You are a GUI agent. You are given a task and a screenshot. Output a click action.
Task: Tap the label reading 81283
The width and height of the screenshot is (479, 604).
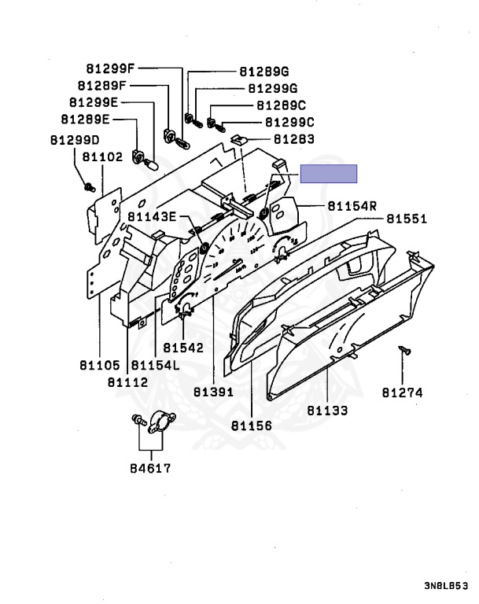[293, 139]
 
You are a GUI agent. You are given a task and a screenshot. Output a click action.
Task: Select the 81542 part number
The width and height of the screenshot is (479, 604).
[183, 347]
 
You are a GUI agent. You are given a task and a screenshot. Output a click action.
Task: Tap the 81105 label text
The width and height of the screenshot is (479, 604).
[99, 366]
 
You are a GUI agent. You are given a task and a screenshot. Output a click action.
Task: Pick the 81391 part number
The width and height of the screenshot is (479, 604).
[214, 391]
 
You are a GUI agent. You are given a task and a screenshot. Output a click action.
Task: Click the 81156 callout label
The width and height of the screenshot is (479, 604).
[251, 425]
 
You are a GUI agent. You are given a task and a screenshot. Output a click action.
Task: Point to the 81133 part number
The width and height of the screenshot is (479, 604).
[327, 411]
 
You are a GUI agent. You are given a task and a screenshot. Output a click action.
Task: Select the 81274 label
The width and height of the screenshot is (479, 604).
[403, 392]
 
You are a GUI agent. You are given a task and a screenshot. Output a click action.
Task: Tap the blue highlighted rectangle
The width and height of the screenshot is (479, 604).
[329, 173]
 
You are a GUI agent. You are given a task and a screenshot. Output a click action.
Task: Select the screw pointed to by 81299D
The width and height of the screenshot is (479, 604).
[89, 187]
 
